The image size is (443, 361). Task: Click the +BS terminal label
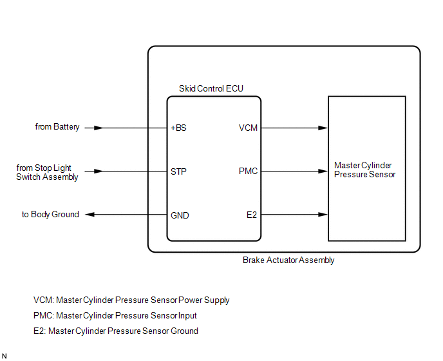tap(178, 128)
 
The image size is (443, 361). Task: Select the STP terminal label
tap(178, 171)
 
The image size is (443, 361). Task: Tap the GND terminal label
tap(180, 215)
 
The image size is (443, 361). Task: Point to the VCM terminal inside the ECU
tap(248, 128)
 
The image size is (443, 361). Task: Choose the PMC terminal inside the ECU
tap(248, 171)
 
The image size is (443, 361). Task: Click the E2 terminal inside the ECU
tap(252, 215)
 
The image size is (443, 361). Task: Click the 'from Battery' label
tap(57, 127)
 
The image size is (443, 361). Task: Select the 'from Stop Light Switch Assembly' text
tap(48, 172)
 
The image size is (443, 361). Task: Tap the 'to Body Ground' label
tap(50, 215)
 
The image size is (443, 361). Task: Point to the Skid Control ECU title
tap(211, 88)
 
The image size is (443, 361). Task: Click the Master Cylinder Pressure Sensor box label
tap(365, 170)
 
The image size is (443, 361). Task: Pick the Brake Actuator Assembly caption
tap(288, 260)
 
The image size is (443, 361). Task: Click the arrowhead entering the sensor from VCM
tap(323, 128)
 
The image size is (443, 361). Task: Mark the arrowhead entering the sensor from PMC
tap(323, 171)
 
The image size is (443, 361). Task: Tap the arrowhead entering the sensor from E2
tap(323, 215)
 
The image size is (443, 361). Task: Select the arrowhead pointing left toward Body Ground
tap(90, 215)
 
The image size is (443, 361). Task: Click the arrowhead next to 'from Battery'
tap(98, 128)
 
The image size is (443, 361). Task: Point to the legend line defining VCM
tap(131, 300)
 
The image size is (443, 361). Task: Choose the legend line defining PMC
tap(115, 316)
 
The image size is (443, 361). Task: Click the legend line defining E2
tap(116, 331)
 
